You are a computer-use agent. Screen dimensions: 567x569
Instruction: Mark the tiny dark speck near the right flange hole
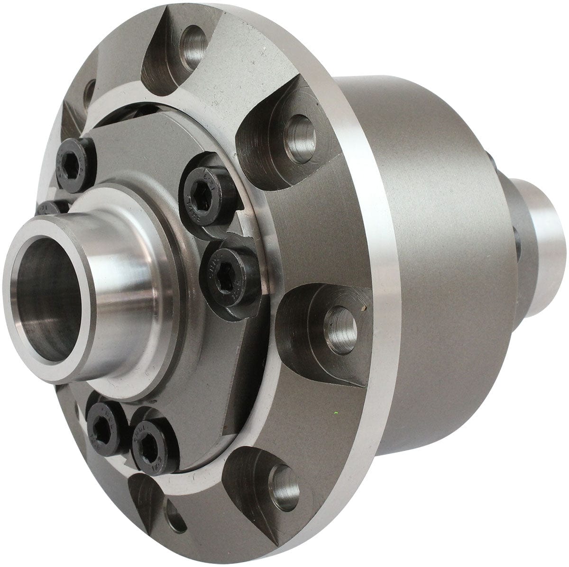point(363,309)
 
